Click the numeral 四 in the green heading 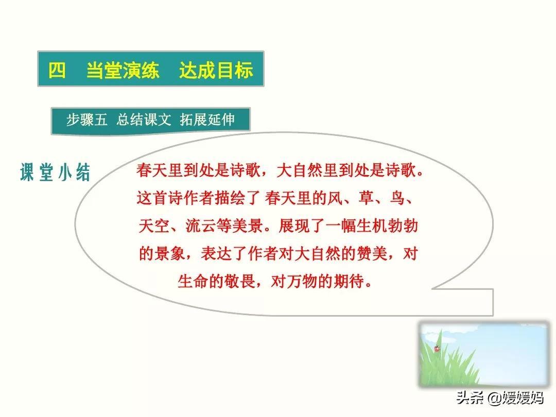click(x=57, y=70)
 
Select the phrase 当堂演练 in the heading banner click(x=123, y=70)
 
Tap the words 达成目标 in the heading click(x=216, y=70)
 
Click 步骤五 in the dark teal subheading click(x=86, y=119)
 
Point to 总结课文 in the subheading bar click(x=144, y=119)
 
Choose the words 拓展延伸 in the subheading click(x=207, y=119)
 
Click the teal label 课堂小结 click(x=55, y=172)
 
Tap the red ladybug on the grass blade click(x=437, y=348)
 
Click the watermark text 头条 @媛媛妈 click(x=499, y=397)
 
